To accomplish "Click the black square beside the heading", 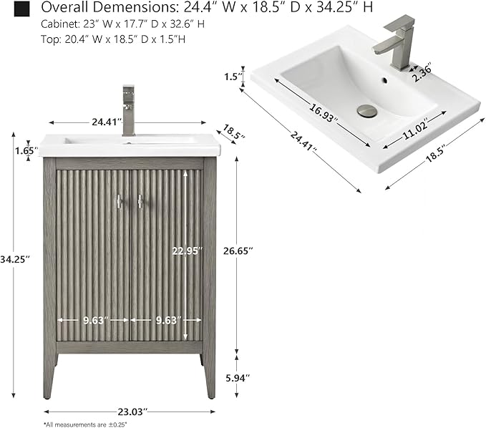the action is click(x=21, y=9).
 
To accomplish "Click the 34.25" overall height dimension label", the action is click(x=15, y=259).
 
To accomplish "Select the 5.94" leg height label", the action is click(x=238, y=378).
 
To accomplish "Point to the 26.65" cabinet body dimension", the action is click(x=238, y=251).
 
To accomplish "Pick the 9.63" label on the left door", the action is click(x=95, y=320).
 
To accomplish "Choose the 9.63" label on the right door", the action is click(x=168, y=320).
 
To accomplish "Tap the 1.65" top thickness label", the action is click(x=26, y=150).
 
